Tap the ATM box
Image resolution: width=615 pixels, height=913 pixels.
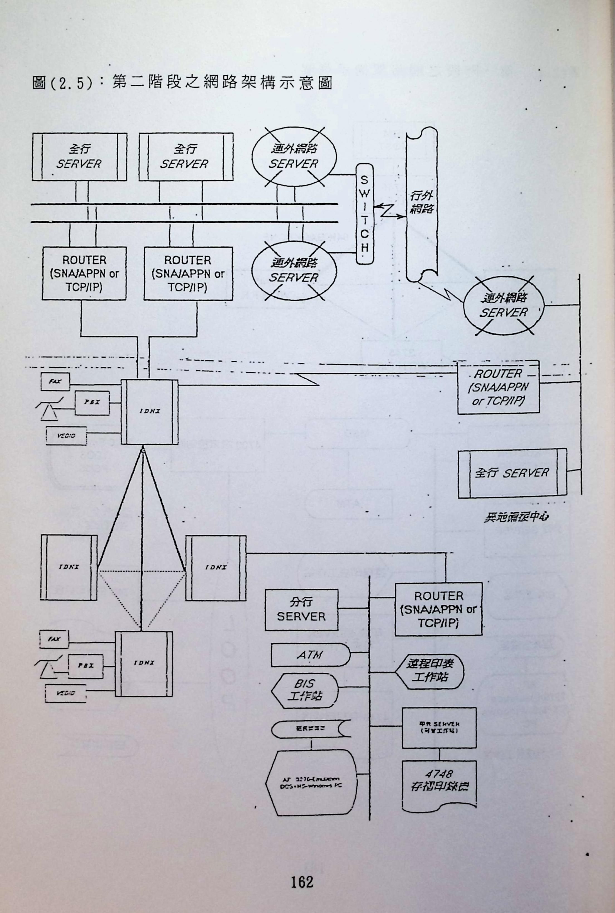(310, 655)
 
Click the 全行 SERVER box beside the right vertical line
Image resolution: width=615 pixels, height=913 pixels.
(512, 473)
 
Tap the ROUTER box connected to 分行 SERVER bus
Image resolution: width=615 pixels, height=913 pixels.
(438, 609)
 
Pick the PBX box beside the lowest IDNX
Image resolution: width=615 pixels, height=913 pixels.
(86, 666)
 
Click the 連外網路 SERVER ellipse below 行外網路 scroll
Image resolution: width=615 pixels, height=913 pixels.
(504, 306)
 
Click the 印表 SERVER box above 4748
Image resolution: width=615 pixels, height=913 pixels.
(439, 728)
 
